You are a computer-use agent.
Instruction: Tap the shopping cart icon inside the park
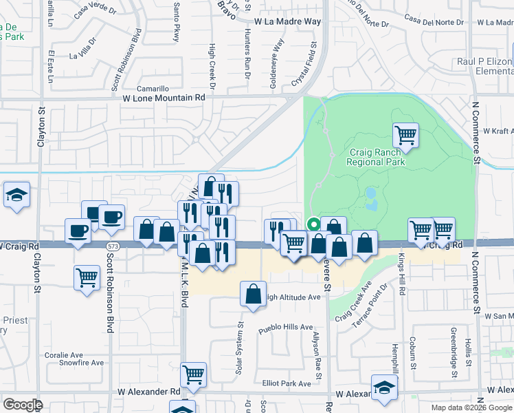405,135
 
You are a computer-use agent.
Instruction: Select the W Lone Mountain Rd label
164,98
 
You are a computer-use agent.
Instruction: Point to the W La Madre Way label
287,22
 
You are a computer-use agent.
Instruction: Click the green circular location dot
313,224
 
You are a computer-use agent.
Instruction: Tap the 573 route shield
111,245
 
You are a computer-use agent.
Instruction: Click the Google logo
23,405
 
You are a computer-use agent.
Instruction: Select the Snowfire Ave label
80,363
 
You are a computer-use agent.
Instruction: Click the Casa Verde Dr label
96,10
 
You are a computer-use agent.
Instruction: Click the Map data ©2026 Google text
471,407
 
